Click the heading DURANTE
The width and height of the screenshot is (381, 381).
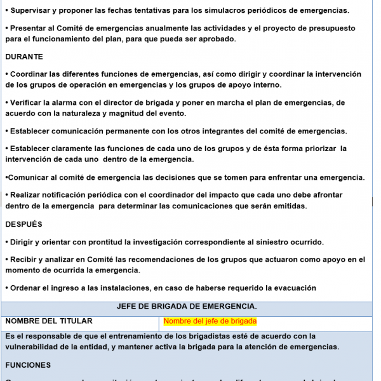point(23,57)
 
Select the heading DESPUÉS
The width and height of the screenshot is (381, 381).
point(23,224)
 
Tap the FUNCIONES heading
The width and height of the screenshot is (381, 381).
point(27,365)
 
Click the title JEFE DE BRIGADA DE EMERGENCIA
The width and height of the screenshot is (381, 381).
point(187,307)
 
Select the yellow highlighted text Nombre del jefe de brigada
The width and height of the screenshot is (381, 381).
point(210,321)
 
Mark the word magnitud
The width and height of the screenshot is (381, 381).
point(148,113)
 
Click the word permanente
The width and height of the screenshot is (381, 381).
point(136,131)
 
